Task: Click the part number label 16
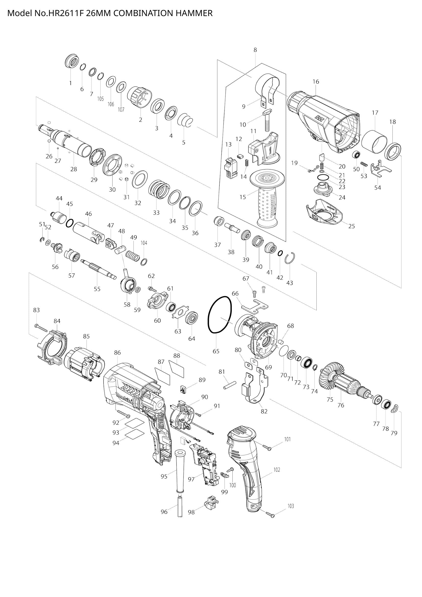(x=316, y=82)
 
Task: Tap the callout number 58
(x=127, y=304)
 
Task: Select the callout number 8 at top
(x=255, y=50)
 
